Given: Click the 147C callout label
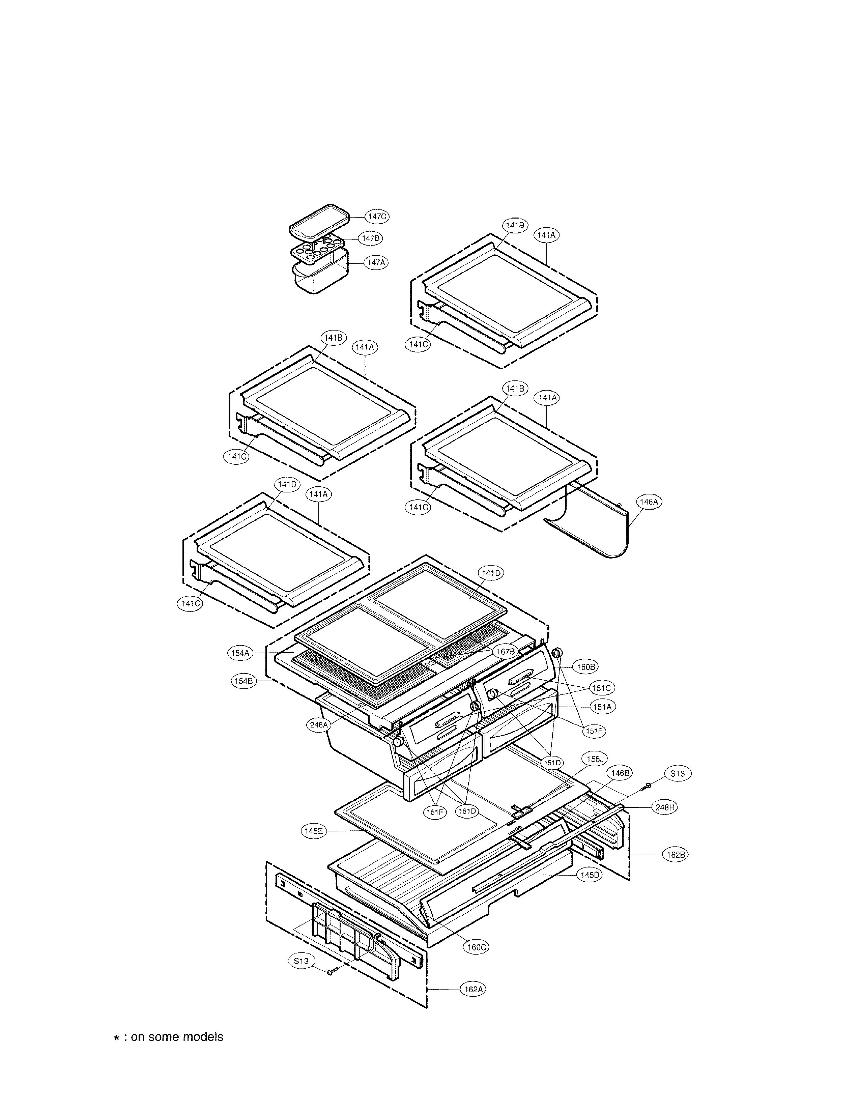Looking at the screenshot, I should coord(377,217).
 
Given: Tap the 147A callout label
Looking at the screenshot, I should coord(375,262).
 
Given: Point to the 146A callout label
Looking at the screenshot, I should coord(649,502).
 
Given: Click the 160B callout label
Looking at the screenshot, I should coord(585,666).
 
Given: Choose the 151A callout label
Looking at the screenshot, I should coord(602,707).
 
